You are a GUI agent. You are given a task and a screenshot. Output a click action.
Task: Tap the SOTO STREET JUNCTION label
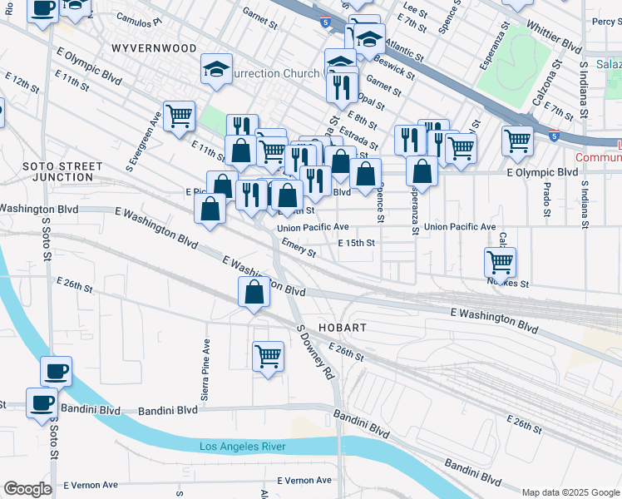pyautogui.click(x=57, y=171)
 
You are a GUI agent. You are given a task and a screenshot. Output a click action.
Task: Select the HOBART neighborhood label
pyautogui.click(x=342, y=328)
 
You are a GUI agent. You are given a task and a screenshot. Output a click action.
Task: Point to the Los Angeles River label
pyautogui.click(x=242, y=447)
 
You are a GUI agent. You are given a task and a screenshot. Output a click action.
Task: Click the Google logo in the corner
pyautogui.click(x=27, y=489)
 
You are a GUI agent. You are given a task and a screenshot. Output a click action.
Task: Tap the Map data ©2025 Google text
pyautogui.click(x=570, y=492)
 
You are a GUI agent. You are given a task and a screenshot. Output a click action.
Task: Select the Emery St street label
pyautogui.click(x=299, y=247)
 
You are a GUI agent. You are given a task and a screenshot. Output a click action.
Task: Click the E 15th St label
pyautogui.click(x=357, y=243)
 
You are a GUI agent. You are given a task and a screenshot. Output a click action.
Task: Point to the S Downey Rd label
pyautogui.click(x=315, y=353)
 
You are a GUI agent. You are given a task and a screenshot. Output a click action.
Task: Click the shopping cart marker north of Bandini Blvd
pyautogui.click(x=267, y=356)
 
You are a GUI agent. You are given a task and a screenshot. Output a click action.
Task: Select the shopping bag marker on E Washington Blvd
pyautogui.click(x=254, y=293)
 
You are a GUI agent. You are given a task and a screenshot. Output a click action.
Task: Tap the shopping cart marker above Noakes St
pyautogui.click(x=500, y=262)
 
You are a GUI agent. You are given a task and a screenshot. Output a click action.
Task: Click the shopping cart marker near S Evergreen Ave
pyautogui.click(x=179, y=116)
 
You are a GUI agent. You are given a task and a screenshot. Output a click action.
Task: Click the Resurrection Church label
pyautogui.click(x=274, y=73)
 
